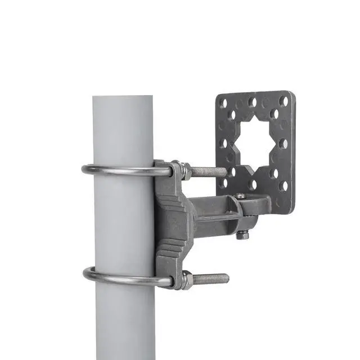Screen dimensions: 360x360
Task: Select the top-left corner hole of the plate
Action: point(223,103)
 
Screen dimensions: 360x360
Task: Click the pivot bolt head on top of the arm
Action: point(240,196)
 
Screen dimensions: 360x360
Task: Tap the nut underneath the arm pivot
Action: point(242,235)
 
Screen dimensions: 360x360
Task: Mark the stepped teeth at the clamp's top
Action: point(169,194)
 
